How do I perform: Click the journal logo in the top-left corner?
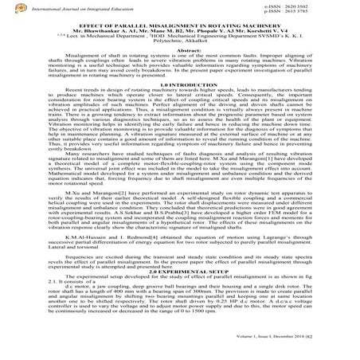[7, 7]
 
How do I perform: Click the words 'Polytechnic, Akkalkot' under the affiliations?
[179, 46]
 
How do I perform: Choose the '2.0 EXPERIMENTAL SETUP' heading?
[179, 293]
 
